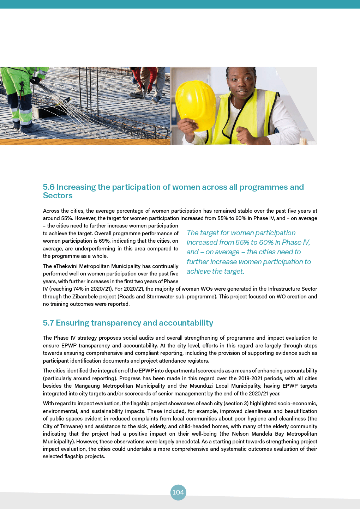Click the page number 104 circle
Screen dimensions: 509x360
[x=178, y=492]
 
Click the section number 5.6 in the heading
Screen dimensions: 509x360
[x=49, y=187]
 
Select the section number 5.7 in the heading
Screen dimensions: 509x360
[x=48, y=323]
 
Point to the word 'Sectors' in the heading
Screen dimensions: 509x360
[x=58, y=196]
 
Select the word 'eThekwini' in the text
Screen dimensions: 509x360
[x=66, y=266]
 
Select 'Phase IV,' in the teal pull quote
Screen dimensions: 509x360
[x=296, y=243]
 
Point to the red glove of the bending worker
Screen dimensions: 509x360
[x=150, y=87]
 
